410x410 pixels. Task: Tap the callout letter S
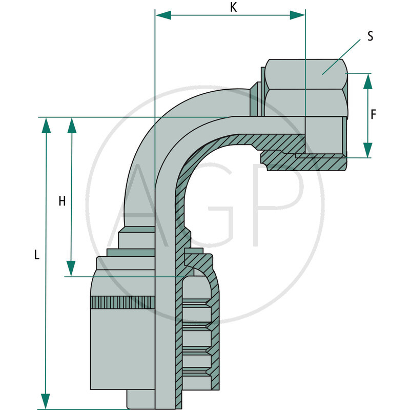(370, 36)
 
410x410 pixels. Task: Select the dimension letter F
(373, 115)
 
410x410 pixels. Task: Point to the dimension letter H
(62, 201)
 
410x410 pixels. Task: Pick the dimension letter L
(36, 255)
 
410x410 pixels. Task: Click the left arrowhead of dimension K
(163, 15)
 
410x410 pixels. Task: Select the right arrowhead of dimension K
(297, 15)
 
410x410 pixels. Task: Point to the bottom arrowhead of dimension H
(71, 268)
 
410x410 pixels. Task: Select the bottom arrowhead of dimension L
(46, 401)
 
